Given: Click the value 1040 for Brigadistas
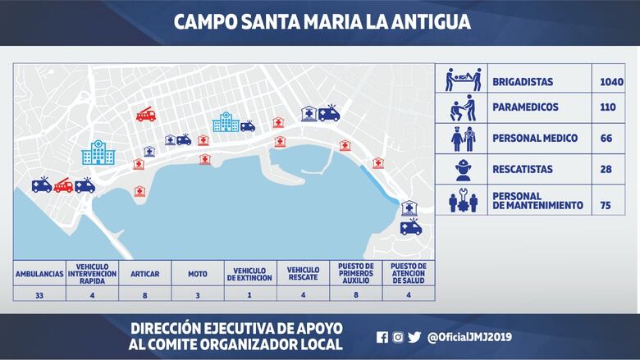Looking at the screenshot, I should pyautogui.click(x=611, y=82).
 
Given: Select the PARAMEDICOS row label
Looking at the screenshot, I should pyautogui.click(x=525, y=107).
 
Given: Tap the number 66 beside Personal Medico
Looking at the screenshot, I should pyautogui.click(x=606, y=139).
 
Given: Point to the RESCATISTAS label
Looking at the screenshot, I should pyautogui.click(x=523, y=170).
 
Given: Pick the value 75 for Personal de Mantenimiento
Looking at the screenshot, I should pyautogui.click(x=606, y=205).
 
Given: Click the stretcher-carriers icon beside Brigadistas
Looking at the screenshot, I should pyautogui.click(x=462, y=80).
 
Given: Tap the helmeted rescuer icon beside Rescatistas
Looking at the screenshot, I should pyautogui.click(x=462, y=170).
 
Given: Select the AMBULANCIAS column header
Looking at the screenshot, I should pyautogui.click(x=39, y=273).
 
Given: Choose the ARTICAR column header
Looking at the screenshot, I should pyautogui.click(x=144, y=273).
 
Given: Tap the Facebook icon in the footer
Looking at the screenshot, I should pyautogui.click(x=382, y=336).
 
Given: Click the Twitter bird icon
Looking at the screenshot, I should pyautogui.click(x=414, y=336).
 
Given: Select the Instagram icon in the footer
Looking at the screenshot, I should pyautogui.click(x=398, y=336).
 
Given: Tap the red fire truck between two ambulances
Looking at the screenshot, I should pyautogui.click(x=63, y=185).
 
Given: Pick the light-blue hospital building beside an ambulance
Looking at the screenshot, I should pyautogui.click(x=225, y=122).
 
